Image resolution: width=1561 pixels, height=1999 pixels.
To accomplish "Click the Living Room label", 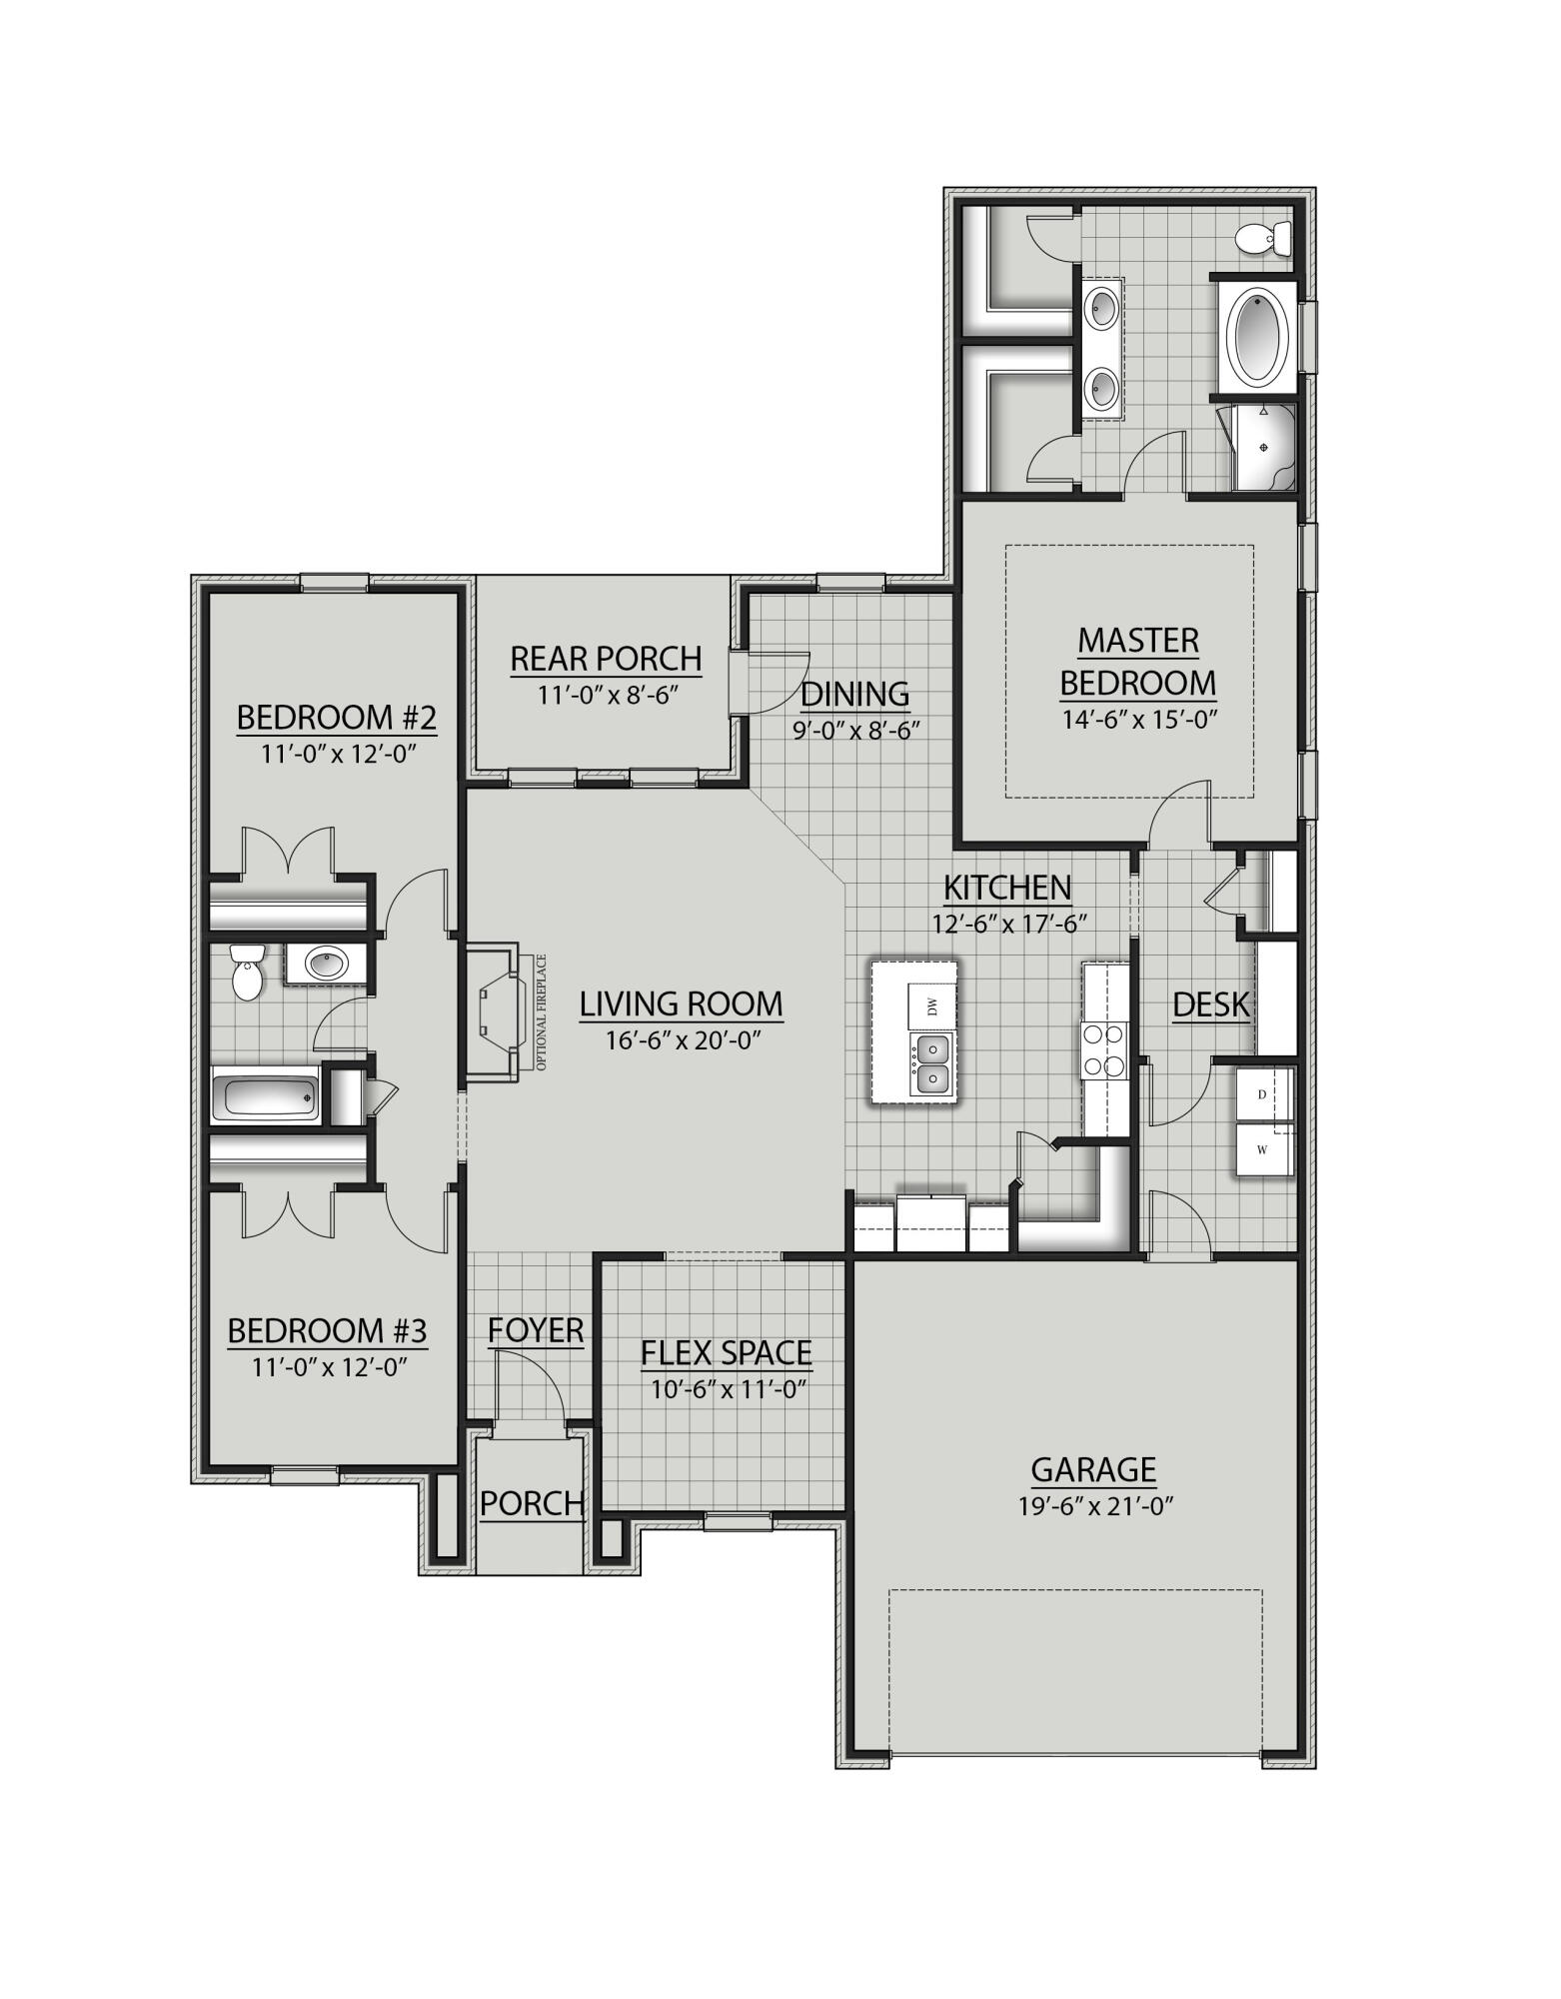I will click(681, 1003).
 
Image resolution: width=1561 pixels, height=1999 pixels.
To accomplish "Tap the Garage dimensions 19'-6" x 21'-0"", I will click(1094, 1506).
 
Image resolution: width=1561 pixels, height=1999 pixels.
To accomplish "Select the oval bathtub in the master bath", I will click(1258, 335).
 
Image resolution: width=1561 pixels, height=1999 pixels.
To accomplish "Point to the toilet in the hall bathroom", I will click(246, 971).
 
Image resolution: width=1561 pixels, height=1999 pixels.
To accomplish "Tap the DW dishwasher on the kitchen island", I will click(932, 1006).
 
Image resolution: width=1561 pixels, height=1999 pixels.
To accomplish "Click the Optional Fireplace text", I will click(542, 1011).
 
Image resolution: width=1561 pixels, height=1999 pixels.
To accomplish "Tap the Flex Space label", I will click(727, 1352).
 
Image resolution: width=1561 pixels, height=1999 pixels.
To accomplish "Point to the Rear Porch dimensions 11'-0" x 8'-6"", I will click(608, 695).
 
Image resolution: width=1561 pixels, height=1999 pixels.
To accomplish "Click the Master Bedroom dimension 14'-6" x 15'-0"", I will click(1138, 719).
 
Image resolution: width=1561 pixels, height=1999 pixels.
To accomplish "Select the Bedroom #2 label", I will click(337, 717).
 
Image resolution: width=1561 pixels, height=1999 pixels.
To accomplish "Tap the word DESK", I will click(1211, 1004).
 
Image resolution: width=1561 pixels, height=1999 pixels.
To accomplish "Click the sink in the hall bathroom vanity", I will click(327, 965).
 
